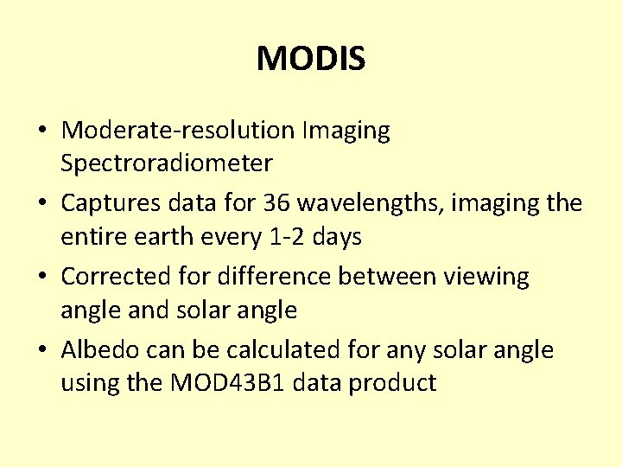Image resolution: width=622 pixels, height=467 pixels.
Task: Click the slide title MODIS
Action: pos(311,60)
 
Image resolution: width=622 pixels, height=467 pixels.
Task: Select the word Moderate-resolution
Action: pos(179,131)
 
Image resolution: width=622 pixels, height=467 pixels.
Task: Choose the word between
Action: pos(388,277)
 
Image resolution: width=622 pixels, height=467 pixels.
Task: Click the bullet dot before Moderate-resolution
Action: pos(42,131)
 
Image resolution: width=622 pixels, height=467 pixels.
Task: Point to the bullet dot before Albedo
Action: pos(42,351)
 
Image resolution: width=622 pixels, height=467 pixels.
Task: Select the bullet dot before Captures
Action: pos(42,204)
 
